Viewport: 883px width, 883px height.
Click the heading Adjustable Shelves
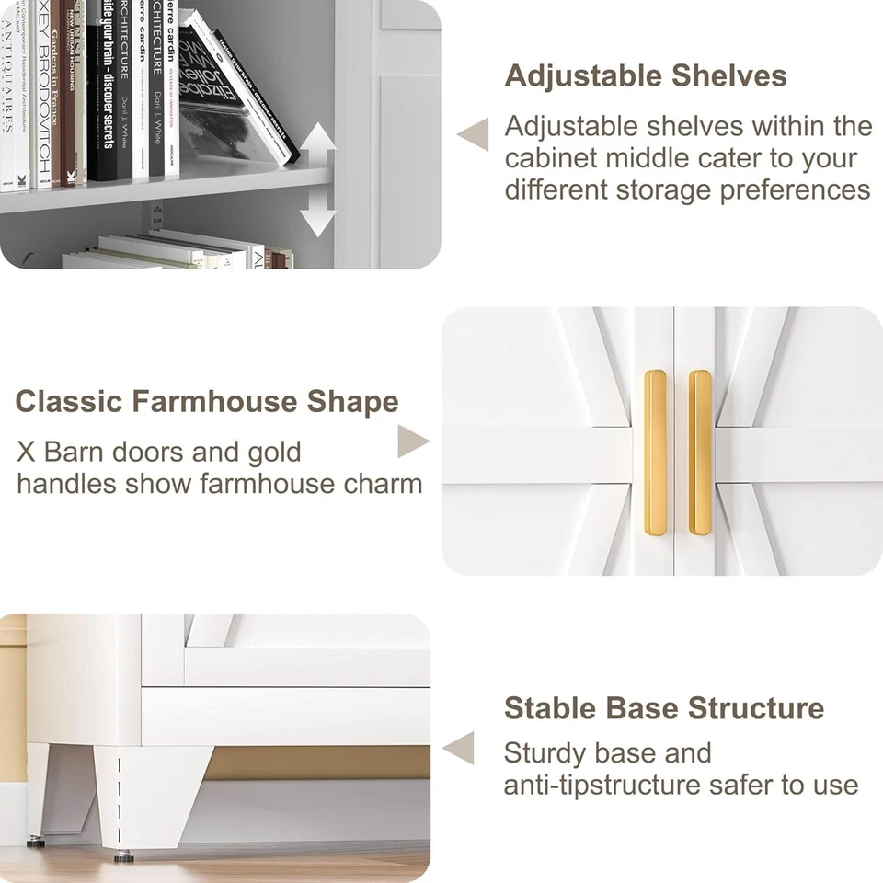646,76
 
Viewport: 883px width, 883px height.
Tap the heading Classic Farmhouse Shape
207,402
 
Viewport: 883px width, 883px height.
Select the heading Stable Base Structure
663,708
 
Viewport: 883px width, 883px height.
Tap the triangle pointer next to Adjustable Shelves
474,134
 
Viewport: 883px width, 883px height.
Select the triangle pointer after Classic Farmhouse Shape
412,441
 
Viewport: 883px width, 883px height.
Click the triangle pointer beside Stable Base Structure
459,748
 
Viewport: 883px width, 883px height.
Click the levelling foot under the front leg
122,857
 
